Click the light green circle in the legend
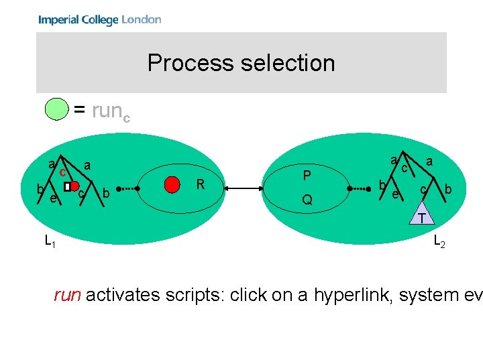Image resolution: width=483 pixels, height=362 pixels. coord(56,109)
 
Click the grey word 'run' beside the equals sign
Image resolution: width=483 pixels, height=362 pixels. coord(106,110)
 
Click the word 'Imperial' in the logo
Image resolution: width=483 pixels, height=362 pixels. coord(58,19)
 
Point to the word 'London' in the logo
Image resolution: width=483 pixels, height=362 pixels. coord(142,19)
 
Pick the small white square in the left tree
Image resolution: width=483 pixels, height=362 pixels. coord(66,186)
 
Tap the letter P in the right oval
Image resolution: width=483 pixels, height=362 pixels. coord(307,176)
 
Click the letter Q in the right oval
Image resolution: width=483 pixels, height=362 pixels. coord(307,200)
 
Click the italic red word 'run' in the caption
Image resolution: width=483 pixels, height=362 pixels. coord(68,295)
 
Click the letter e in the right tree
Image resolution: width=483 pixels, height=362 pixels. coord(396,194)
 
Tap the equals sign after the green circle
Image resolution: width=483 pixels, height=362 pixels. coord(79,110)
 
